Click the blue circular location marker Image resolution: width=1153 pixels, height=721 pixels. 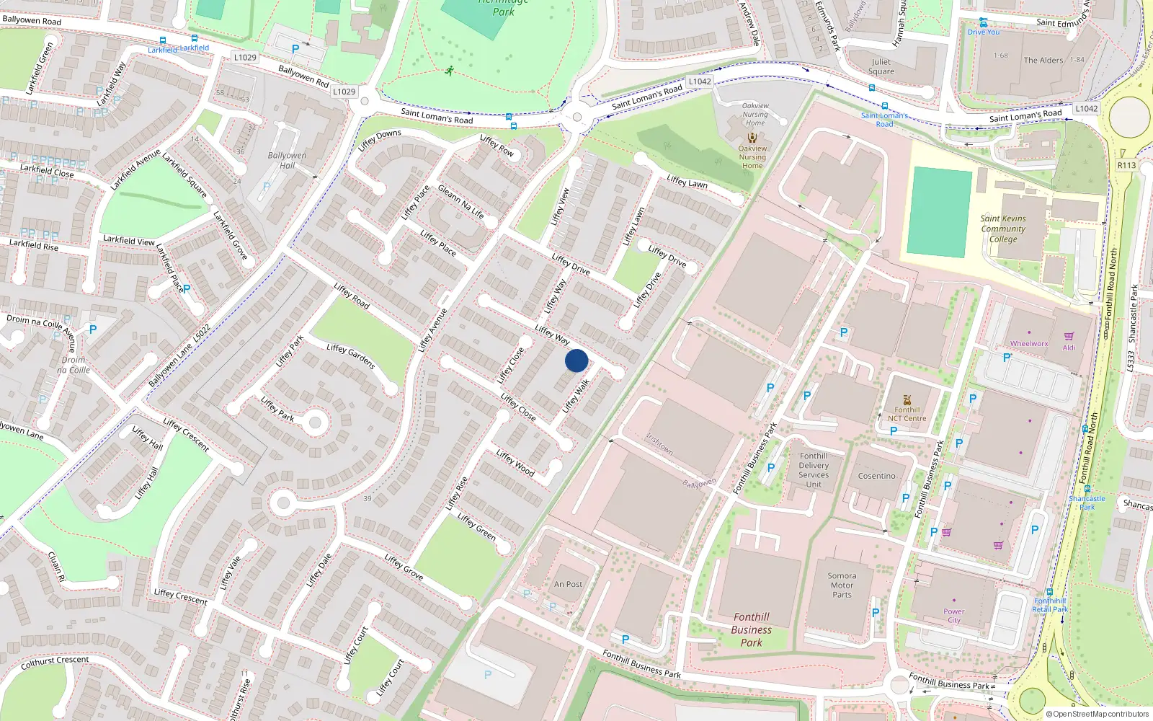(576, 360)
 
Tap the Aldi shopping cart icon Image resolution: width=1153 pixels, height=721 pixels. (1069, 336)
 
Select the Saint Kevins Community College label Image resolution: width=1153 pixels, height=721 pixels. (1003, 229)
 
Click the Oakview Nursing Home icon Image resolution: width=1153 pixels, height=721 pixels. (752, 137)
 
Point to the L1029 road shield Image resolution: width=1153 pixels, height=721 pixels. (245, 57)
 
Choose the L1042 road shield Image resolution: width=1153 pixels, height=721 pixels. (700, 81)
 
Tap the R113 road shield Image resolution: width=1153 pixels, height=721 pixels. (1126, 165)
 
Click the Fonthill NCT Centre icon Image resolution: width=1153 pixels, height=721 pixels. (907, 399)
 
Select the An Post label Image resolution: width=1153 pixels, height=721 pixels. (568, 584)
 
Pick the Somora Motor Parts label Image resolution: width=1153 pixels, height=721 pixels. (842, 585)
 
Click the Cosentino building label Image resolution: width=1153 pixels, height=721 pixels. (876, 476)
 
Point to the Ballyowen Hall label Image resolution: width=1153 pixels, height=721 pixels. (287, 160)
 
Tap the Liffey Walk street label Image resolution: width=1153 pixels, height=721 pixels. (576, 396)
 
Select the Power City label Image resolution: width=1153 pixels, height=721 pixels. (954, 616)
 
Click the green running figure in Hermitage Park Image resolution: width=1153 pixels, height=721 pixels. (450, 71)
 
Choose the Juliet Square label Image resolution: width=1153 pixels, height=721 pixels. (881, 66)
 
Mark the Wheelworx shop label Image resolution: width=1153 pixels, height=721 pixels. (1029, 344)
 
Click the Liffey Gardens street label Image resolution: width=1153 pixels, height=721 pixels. (351, 356)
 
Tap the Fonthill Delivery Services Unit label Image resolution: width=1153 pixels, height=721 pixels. (814, 470)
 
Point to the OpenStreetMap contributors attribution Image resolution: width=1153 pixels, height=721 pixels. (1097, 714)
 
